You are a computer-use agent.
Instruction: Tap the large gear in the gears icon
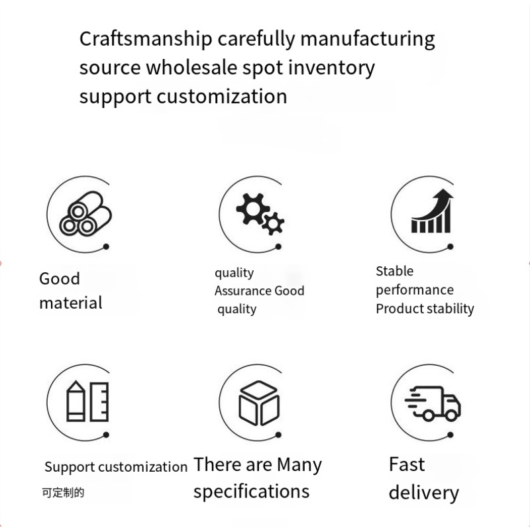click(x=250, y=208)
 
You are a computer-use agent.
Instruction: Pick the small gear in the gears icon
click(x=272, y=223)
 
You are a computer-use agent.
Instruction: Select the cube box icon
click(x=259, y=403)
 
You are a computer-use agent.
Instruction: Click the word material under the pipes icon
click(x=71, y=303)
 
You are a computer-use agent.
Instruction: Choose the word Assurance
click(x=243, y=291)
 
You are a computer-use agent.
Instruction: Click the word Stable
click(x=394, y=271)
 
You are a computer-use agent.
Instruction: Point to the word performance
click(x=415, y=290)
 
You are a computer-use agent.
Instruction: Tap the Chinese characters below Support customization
click(x=63, y=493)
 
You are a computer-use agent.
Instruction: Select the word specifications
click(x=251, y=492)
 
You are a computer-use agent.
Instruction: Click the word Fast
click(x=407, y=464)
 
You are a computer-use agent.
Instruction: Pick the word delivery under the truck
click(x=423, y=493)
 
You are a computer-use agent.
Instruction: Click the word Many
click(x=299, y=464)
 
